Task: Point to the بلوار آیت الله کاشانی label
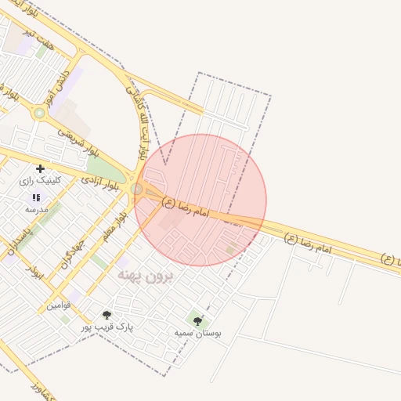point(137,126)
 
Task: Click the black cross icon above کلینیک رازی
point(40,168)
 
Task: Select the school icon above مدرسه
point(35,197)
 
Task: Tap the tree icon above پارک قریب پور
point(107,315)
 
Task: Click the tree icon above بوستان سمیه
point(197,320)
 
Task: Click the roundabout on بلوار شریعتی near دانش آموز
point(39,114)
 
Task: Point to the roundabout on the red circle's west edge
point(137,189)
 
